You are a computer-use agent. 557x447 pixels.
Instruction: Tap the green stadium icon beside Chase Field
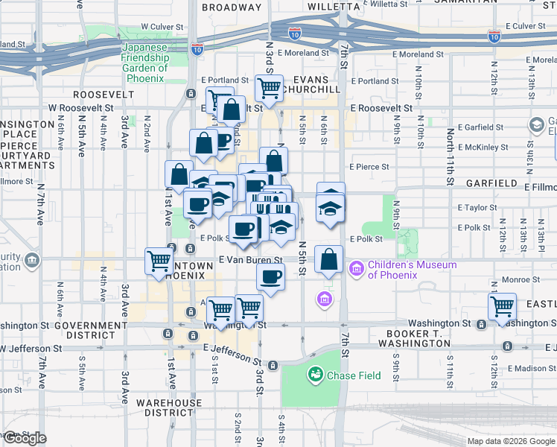[x=316, y=374]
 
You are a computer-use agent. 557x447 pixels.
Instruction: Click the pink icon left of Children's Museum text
[x=356, y=266]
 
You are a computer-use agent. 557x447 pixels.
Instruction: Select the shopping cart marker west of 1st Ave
[x=159, y=260]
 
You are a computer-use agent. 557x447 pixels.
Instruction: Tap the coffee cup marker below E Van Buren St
[x=270, y=277]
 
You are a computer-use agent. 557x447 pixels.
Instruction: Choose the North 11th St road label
[x=451, y=156]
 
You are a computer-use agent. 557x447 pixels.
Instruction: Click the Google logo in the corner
[x=24, y=438]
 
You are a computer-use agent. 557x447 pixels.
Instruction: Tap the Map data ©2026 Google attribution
[x=510, y=441]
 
